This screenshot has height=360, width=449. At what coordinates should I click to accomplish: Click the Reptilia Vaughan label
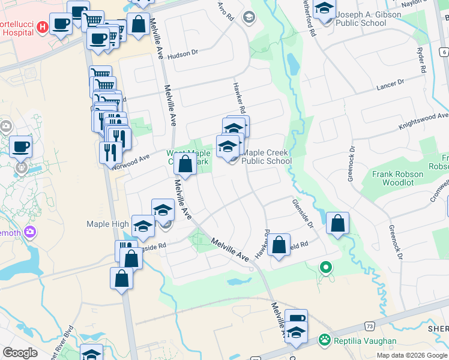click(x=366, y=341)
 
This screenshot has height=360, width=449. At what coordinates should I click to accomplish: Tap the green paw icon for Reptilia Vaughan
click(x=325, y=340)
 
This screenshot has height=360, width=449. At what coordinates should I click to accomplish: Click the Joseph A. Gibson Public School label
click(x=360, y=19)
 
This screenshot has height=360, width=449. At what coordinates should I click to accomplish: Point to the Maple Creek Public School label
click(x=267, y=157)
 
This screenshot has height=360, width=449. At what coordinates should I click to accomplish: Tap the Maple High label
click(x=107, y=224)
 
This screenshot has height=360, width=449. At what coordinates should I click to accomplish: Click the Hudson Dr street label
click(x=182, y=54)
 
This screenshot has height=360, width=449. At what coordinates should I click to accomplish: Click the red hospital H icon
click(x=42, y=27)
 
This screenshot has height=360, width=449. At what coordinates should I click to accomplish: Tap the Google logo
click(x=20, y=353)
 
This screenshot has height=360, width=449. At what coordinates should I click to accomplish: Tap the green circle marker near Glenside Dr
click(x=326, y=267)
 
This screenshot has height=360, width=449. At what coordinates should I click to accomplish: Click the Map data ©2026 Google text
click(x=412, y=355)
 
